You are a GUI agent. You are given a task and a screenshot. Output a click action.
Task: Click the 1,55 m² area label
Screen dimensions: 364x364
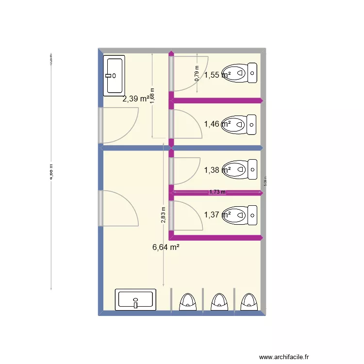(x=217, y=75)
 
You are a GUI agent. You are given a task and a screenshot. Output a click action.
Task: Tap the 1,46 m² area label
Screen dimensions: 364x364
(x=217, y=124)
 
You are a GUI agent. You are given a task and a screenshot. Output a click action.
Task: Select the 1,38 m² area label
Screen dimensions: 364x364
(x=217, y=170)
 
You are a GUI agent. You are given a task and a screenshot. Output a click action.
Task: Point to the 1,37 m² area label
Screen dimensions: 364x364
(x=217, y=215)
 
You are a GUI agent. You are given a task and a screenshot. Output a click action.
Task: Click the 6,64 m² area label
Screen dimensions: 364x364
(x=166, y=247)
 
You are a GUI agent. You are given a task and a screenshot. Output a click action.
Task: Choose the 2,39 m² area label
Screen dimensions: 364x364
(x=135, y=99)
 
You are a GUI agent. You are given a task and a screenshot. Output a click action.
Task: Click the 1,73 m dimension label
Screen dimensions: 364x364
(x=217, y=192)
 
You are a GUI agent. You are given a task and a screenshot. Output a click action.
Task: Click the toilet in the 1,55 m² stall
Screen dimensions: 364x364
(x=240, y=73)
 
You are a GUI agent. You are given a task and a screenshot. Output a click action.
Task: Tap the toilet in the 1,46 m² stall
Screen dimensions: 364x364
(x=240, y=125)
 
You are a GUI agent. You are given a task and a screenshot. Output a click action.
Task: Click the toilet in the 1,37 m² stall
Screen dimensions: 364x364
(x=240, y=215)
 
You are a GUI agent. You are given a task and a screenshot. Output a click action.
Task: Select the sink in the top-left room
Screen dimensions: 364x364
(x=114, y=75)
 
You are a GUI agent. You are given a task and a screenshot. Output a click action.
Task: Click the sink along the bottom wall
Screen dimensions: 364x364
(x=135, y=299)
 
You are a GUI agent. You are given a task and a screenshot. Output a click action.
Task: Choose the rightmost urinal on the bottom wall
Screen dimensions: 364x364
(x=249, y=301)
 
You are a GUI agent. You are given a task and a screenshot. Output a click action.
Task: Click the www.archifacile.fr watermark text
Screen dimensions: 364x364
(x=284, y=356)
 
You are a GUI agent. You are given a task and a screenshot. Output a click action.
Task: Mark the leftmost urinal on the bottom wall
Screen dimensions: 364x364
(x=187, y=301)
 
